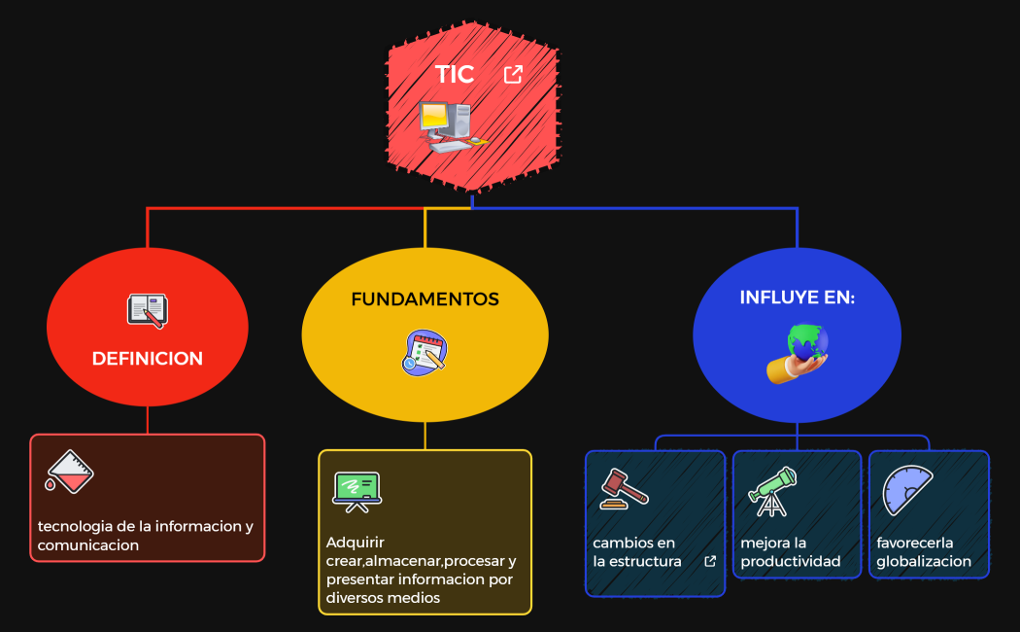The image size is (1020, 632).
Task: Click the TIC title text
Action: [454, 75]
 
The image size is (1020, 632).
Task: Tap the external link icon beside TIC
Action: [513, 75]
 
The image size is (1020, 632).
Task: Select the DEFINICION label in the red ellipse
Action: [148, 359]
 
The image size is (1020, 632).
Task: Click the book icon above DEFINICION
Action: [148, 311]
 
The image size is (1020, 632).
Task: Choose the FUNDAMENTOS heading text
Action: [425, 299]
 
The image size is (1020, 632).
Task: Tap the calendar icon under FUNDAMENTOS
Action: [425, 353]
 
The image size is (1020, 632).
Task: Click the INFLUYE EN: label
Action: [797, 298]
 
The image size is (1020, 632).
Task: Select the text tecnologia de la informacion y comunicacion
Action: [145, 536]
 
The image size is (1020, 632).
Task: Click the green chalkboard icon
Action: [357, 490]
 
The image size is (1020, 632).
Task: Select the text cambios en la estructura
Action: [636, 552]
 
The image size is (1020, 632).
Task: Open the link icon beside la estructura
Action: [710, 561]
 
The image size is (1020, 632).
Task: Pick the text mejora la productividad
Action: [790, 552]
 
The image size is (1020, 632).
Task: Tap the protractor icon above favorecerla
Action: [906, 490]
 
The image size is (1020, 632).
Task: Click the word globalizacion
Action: [923, 561]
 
